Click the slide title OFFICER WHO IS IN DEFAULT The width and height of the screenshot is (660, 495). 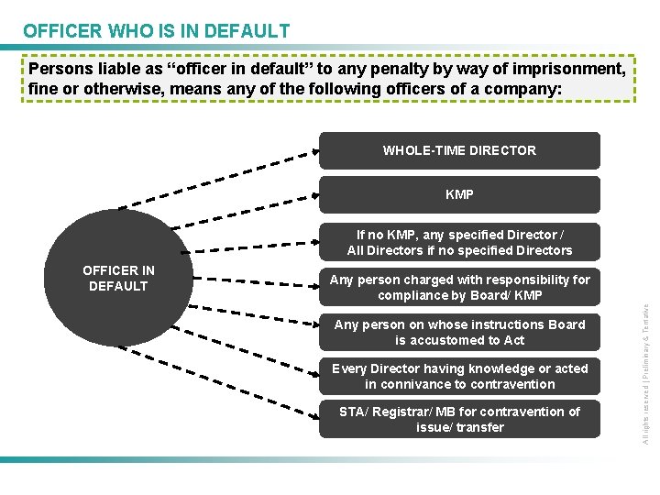pyautogui.click(x=156, y=31)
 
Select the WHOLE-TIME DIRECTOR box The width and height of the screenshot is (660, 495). pyautogui.click(x=459, y=150)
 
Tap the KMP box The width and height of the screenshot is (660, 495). pyautogui.click(x=459, y=195)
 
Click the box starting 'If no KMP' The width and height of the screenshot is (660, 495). pyautogui.click(x=459, y=243)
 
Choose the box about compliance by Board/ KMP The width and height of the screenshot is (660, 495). pyautogui.click(x=459, y=287)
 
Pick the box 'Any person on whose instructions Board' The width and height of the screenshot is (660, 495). pyautogui.click(x=459, y=332)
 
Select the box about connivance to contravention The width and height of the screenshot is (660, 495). pyautogui.click(x=459, y=376)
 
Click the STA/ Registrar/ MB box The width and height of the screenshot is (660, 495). pyautogui.click(x=459, y=419)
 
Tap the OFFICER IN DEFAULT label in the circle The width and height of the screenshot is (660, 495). pyautogui.click(x=118, y=278)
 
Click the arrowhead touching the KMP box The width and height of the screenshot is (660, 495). pyautogui.click(x=314, y=194)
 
